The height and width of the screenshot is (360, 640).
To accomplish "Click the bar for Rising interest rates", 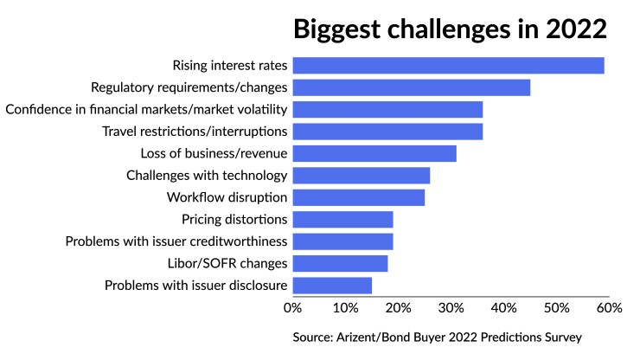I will tap(448, 65).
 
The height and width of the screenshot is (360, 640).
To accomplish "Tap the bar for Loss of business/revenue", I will tap(374, 153).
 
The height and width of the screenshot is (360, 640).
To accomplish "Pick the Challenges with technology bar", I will tap(361, 176).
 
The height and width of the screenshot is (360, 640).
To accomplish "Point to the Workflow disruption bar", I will tap(358, 197).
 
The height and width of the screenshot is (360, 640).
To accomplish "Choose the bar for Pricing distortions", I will tap(342, 220).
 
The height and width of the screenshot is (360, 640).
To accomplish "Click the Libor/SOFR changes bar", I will tap(340, 263).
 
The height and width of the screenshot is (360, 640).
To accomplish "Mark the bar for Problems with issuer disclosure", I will tap(332, 286).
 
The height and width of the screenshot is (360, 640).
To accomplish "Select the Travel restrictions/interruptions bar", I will tap(387, 132).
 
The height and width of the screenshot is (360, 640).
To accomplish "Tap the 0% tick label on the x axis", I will tap(292, 307).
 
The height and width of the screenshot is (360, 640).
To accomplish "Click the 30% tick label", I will tap(451, 307).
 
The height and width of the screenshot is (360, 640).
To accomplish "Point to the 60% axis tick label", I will tap(609, 307).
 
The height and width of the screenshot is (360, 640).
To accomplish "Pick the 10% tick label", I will tap(345, 307).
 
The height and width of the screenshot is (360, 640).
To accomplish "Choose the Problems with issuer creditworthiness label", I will tap(176, 241).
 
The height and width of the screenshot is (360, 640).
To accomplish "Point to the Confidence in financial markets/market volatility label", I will tap(146, 109).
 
